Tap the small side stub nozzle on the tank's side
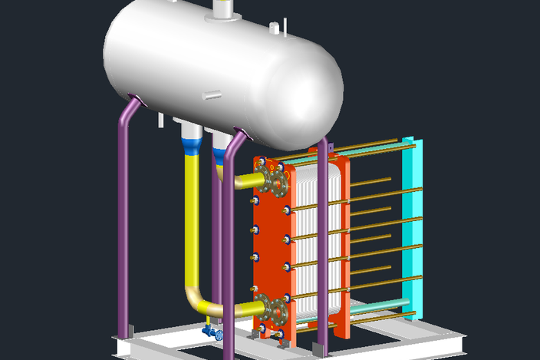coord(212,96)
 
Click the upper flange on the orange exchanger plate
coord(275,183)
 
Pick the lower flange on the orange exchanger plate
coord(274,311)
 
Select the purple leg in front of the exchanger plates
coord(323,253)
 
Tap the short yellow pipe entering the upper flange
coord(247,182)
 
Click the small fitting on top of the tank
coord(274,28)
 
